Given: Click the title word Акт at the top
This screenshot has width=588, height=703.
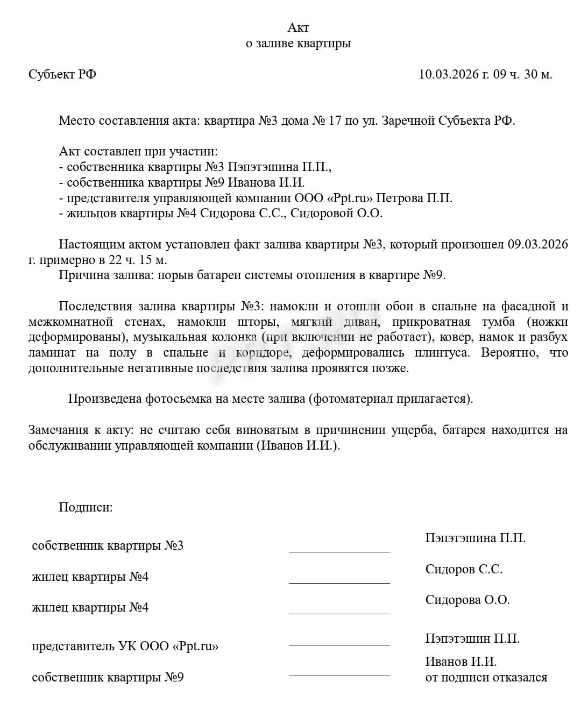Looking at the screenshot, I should click(298, 27).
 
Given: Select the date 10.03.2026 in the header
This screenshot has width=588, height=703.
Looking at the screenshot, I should click(449, 74).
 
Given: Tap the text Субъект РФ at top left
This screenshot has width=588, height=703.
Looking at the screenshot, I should click(62, 74).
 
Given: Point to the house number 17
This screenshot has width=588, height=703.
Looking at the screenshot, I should click(334, 120).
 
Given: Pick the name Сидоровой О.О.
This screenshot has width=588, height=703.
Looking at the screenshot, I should click(336, 214).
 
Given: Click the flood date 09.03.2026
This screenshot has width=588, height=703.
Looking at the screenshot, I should click(537, 244).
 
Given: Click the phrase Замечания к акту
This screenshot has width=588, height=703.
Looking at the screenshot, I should click(80, 430).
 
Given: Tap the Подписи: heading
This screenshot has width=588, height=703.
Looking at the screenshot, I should click(86, 507).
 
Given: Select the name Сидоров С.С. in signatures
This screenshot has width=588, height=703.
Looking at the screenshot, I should click(464, 569).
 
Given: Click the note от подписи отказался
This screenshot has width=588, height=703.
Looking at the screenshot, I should click(486, 677).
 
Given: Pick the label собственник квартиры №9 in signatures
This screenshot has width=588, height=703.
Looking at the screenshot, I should click(108, 677).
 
